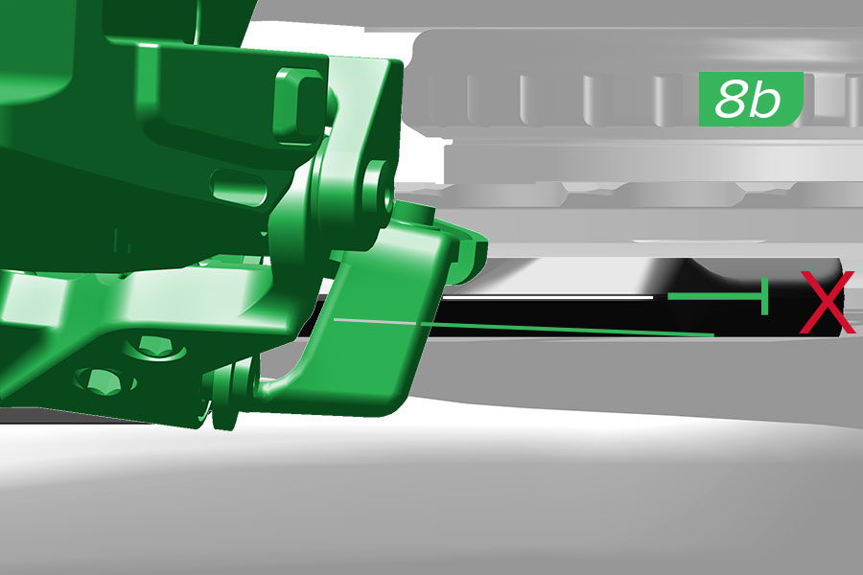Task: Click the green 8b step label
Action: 751,99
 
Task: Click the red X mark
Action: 828,302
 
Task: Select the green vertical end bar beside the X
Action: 764,296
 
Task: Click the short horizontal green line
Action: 714,296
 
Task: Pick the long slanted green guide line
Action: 567,329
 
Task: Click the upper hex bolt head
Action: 155,349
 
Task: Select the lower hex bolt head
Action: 105,380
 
